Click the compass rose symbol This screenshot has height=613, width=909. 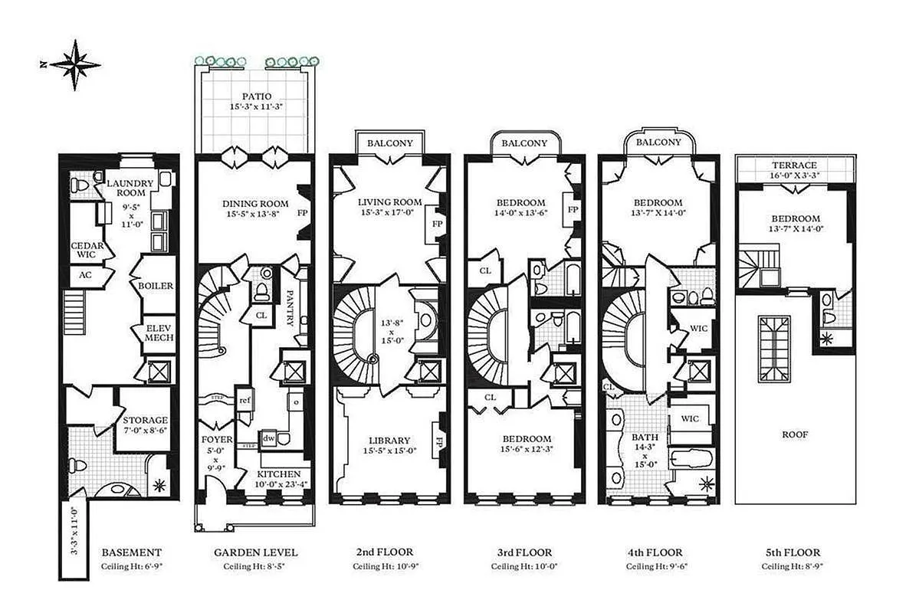74,65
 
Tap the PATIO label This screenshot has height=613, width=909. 255,97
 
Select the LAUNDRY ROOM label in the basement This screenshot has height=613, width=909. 130,188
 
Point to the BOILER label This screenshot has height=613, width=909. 156,286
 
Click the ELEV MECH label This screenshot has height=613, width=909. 159,332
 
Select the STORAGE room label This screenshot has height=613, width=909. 146,421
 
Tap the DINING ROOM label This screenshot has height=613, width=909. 255,203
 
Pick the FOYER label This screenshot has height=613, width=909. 216,440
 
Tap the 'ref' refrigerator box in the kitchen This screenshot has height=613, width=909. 244,400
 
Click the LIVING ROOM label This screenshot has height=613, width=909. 390,202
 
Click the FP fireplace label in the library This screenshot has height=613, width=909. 439,442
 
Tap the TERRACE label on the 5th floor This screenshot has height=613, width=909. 794,165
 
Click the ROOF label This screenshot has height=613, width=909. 794,434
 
